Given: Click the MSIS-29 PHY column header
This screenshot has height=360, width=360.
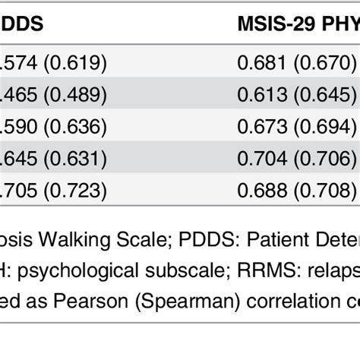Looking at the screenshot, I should pyautogui.click(x=296, y=25).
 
